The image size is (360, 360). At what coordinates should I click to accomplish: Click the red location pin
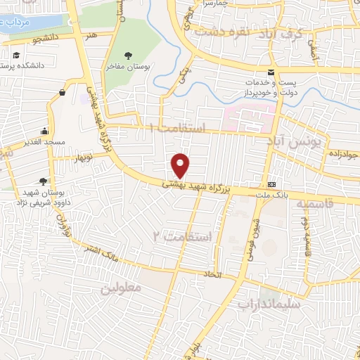(181, 165)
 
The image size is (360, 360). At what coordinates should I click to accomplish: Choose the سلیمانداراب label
(269, 304)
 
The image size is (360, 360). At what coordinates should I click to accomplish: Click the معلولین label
(120, 287)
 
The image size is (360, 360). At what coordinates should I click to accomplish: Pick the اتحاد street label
(212, 273)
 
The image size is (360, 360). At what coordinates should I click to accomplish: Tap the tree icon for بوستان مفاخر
(127, 56)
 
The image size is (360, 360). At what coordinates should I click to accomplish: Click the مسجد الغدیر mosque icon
(45, 131)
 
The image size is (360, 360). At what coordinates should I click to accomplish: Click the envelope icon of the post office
(272, 73)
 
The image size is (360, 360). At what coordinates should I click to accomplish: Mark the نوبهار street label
(70, 160)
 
